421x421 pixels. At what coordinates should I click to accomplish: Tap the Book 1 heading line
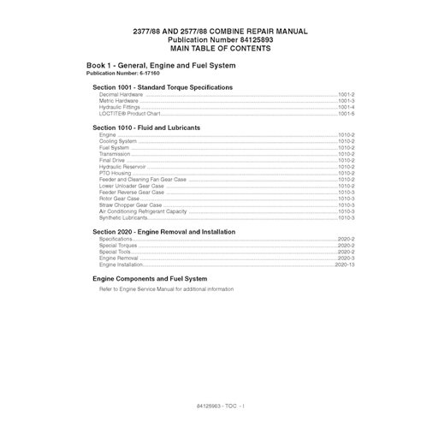pyautogui.click(x=163, y=66)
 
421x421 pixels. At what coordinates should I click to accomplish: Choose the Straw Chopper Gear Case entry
pyautogui.click(x=130, y=205)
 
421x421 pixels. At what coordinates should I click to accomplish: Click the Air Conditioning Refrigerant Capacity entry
pyautogui.click(x=142, y=211)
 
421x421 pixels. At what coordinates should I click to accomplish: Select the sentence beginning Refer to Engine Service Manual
pyautogui.click(x=166, y=289)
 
